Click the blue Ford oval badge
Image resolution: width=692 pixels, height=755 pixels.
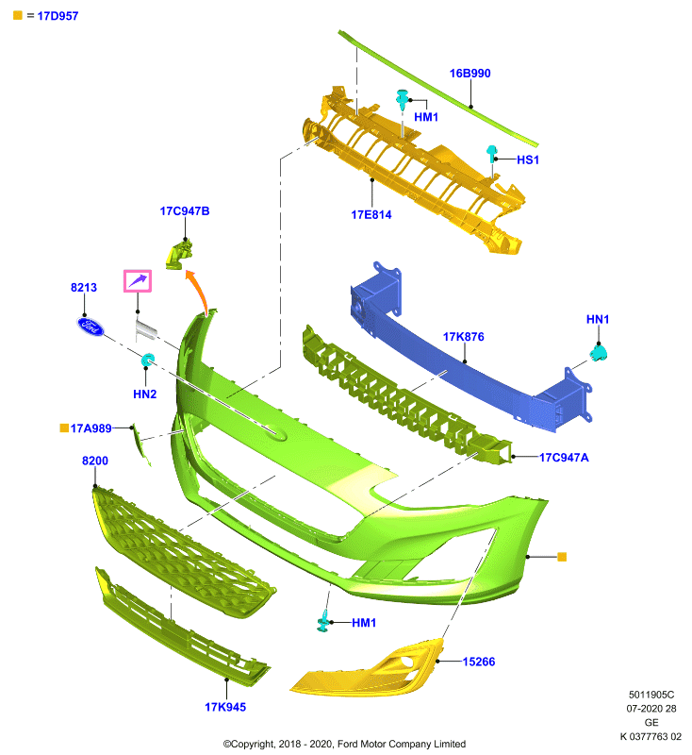coord(91,327)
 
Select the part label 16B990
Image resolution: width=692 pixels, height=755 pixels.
coord(470,74)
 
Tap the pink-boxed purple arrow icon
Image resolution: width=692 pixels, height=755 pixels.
coord(138,280)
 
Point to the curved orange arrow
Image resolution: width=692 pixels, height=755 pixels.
coord(199,293)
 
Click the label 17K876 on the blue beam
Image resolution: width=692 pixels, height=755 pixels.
coord(463,337)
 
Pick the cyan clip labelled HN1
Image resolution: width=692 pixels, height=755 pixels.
coord(599,353)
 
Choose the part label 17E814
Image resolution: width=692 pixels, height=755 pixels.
coord(371,215)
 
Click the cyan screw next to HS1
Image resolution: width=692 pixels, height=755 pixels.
coord(491,154)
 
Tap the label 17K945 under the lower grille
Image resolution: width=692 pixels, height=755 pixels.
coord(225,707)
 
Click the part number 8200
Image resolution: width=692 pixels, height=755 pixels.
coord(94,461)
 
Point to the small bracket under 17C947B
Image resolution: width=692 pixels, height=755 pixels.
coord(179,254)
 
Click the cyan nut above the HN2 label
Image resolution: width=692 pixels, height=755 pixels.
coord(148,360)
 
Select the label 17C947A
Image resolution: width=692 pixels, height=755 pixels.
coord(564,458)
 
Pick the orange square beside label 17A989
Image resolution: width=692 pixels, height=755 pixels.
coord(64,428)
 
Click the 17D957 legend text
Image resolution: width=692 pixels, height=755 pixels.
coord(58,16)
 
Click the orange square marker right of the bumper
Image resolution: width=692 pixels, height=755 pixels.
coord(562,557)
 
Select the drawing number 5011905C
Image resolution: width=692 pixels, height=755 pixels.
coord(651,695)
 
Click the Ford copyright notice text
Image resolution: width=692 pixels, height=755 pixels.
coord(344,744)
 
